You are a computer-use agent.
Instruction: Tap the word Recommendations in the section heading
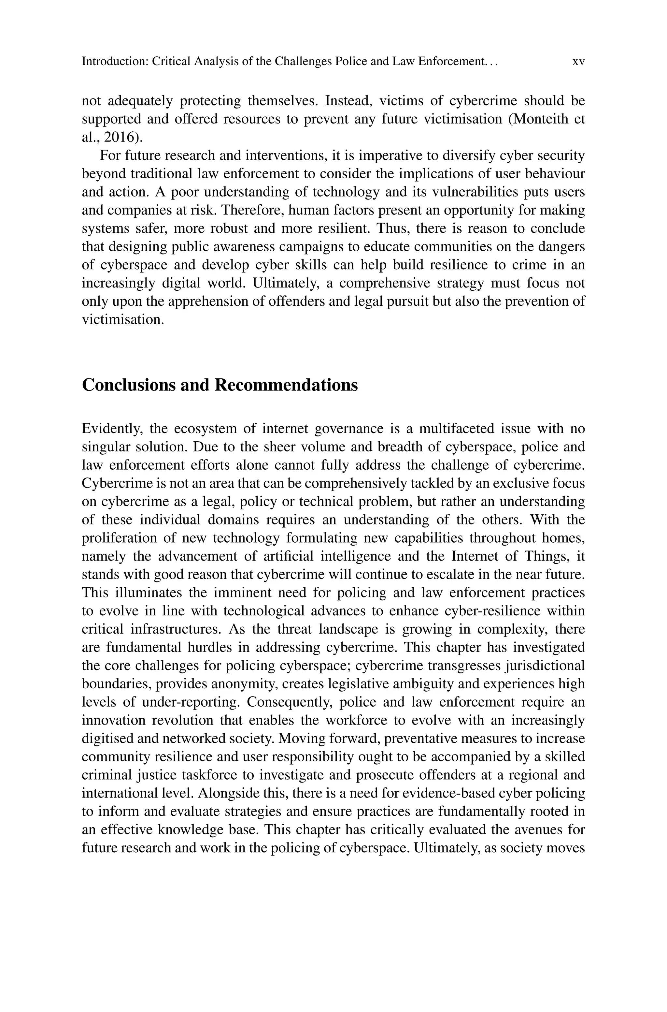(286, 385)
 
